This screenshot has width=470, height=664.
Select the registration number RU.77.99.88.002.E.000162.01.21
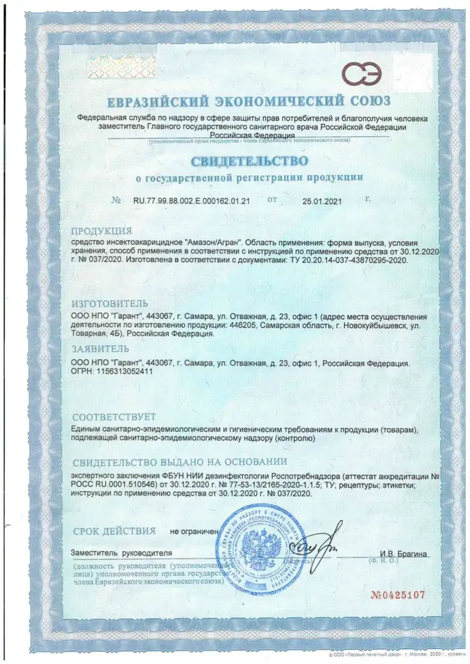[x=191, y=202]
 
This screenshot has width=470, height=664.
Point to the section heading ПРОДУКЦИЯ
[x=102, y=231]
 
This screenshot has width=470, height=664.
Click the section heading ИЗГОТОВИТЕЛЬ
[x=110, y=304]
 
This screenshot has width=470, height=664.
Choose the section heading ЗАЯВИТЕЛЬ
[x=100, y=349]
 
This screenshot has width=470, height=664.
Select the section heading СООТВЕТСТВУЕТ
[x=114, y=416]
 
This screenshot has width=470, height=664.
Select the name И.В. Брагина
[x=404, y=554]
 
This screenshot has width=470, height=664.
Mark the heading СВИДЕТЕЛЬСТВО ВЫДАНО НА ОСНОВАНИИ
[x=180, y=461]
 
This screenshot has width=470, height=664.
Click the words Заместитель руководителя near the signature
[x=121, y=553]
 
